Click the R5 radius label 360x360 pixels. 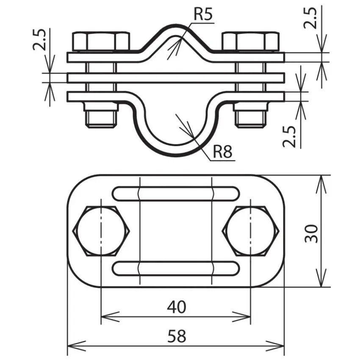pos(203,14)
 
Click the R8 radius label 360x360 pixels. pos(222,152)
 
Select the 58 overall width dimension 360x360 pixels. pos(177,336)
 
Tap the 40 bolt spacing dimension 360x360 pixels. pos(177,307)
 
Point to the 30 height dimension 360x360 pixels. pos(311,233)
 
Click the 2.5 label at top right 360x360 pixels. pos(310,18)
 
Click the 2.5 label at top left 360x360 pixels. pos(39,39)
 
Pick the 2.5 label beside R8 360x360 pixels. pos(289,137)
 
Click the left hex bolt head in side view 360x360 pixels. pos(101,42)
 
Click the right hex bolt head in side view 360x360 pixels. pos(251,42)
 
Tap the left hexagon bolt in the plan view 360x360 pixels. pos(101,231)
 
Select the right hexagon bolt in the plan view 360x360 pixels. pos(251,231)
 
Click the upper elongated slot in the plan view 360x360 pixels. pos(176,194)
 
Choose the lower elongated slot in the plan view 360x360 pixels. pos(176,268)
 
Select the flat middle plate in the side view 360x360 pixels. pos(176,78)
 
